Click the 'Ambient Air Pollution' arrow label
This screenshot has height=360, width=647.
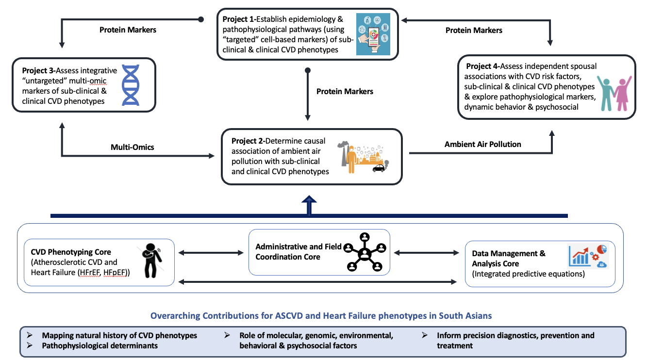point(482,144)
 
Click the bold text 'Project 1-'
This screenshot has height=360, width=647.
point(240,19)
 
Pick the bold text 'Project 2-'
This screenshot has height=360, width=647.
point(248,141)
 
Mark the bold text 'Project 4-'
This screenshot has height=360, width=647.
point(482,66)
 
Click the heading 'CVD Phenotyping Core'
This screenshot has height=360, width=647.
point(71,252)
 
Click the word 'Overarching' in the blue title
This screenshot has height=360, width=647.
point(174,316)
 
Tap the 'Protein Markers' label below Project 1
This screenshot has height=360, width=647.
point(345,91)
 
